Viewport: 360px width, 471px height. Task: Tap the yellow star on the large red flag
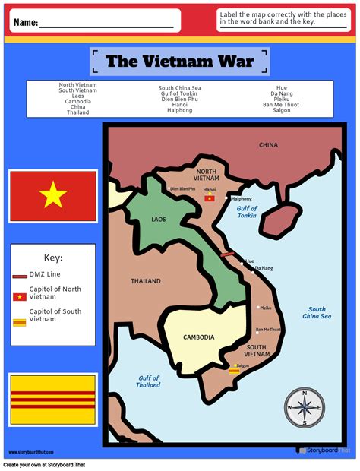pos(53,196)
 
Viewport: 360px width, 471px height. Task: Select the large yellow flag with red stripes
pos(53,400)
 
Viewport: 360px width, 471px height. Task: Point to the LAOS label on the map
pos(158,220)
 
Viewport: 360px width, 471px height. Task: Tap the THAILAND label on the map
pos(146,281)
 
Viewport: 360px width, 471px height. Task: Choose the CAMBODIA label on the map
pos(199,337)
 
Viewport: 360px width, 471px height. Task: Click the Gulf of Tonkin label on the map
pos(247,211)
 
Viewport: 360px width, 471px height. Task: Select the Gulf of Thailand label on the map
pos(149,381)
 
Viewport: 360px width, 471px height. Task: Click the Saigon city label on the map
pos(243,365)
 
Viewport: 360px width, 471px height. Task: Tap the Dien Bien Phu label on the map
pos(182,188)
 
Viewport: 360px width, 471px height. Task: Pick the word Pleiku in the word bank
pos(282,99)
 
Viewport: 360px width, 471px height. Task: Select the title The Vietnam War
pos(179,62)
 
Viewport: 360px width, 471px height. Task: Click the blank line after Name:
pos(106,25)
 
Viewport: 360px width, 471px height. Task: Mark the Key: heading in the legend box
pos(53,258)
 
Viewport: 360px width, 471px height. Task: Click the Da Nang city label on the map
pos(264,268)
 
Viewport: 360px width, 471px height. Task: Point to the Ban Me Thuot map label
pos(268,330)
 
